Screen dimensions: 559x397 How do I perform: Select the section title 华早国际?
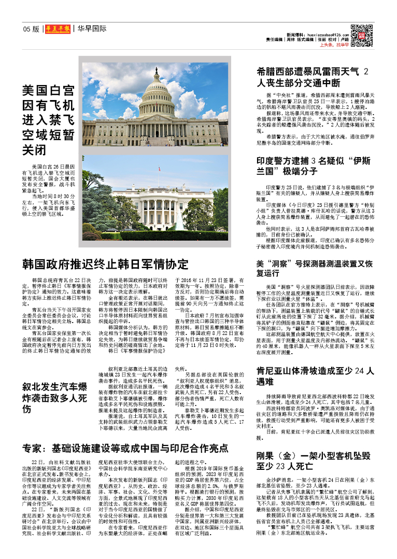coord(92,29)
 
